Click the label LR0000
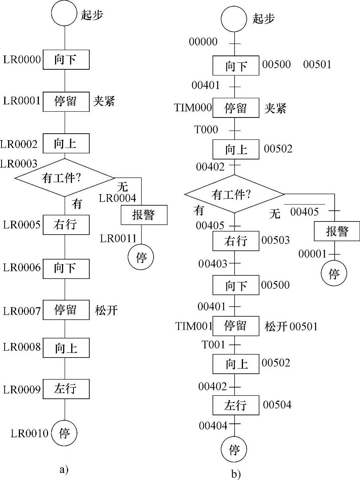coord(22,60)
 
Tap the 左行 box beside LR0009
coord(66,389)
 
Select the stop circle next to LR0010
coord(64,433)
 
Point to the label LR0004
coord(117,198)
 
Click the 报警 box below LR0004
coord(144,215)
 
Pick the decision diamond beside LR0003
coord(64,178)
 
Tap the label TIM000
coord(193,107)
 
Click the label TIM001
coord(194,326)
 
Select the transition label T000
coord(206,130)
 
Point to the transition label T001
coord(213,344)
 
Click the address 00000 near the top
coord(203,42)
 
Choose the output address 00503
coord(276,240)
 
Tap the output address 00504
coord(277,404)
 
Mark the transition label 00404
coord(213,425)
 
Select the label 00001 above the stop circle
coord(312,254)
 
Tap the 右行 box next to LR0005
coord(66,225)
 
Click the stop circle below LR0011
coord(141,257)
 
